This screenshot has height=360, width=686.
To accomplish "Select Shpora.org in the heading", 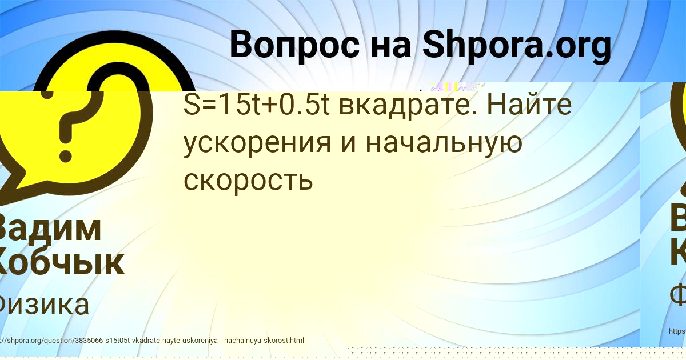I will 517,45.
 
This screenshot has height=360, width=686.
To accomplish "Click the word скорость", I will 248,181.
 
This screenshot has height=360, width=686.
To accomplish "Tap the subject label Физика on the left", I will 43,305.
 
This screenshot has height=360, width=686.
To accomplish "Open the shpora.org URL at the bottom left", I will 152,341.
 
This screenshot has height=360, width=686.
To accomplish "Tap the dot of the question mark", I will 66,155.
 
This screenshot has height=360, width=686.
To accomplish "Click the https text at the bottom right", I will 677,331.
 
